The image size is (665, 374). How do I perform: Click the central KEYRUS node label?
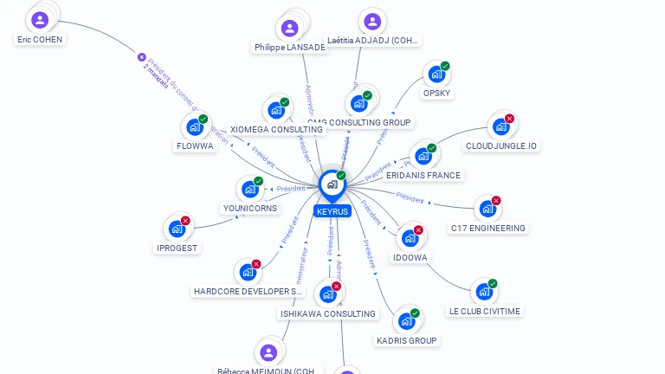tap(332, 211)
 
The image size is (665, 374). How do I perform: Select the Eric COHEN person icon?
tap(40, 20)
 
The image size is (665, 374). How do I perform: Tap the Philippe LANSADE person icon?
tap(290, 28)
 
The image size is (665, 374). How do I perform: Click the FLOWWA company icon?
tap(194, 127)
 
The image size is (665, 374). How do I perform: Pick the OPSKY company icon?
tap(436, 74)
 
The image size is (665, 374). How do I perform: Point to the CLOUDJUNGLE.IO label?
tap(501, 146)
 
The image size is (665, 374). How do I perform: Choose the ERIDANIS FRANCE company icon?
tap(423, 157)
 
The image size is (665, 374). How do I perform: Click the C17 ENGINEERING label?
tap(487, 228)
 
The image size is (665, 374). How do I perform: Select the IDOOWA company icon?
tap(410, 238)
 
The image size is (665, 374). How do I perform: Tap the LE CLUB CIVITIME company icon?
tap(484, 292)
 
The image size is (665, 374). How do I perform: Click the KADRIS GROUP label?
tap(406, 340)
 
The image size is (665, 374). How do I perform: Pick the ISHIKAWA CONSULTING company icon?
tap(327, 294)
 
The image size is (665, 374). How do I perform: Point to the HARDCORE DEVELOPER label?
tap(248, 291)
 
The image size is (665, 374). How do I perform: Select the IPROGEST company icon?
tap(177, 229)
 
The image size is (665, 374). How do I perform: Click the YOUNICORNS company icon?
tap(249, 190)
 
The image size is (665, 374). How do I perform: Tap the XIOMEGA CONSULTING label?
tap(276, 129)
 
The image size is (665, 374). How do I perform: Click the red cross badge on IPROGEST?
tap(185, 221)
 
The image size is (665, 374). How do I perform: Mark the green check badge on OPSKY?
tap(445, 66)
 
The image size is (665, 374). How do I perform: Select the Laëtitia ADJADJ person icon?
tap(371, 22)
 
